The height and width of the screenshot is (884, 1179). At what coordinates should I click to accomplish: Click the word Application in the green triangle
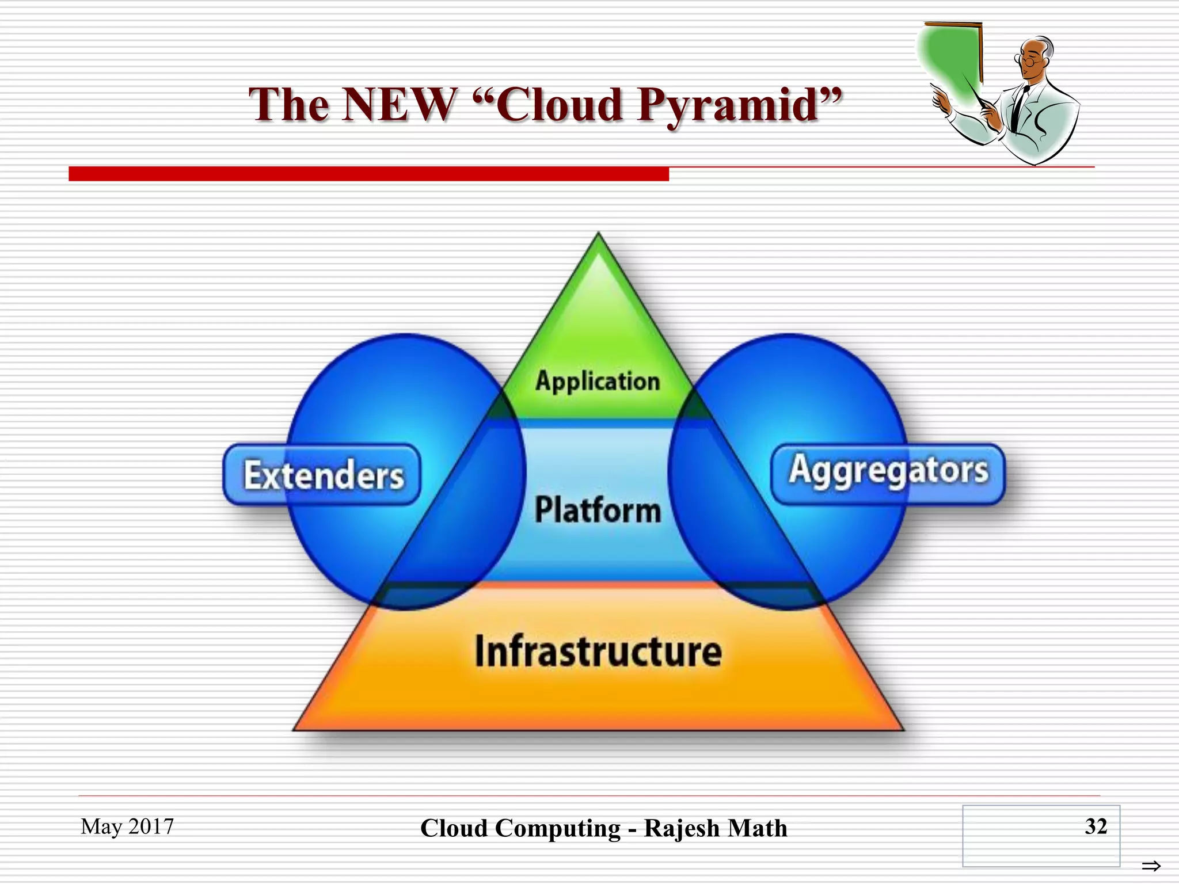click(x=598, y=381)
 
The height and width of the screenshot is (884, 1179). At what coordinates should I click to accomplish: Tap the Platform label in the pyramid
click(x=598, y=510)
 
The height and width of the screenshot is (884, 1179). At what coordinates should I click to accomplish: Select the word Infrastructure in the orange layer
click(x=598, y=651)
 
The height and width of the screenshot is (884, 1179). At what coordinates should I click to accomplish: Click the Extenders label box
click(x=322, y=475)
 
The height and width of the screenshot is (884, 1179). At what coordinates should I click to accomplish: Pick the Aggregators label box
click(x=888, y=472)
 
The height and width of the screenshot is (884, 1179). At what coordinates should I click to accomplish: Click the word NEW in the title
click(x=399, y=104)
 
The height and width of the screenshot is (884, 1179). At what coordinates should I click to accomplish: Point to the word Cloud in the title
click(x=558, y=104)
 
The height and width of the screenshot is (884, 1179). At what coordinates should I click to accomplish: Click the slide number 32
click(x=1096, y=826)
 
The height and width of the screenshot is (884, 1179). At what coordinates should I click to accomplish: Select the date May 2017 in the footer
click(x=127, y=826)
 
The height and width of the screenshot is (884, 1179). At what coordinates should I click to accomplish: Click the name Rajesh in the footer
click(x=682, y=828)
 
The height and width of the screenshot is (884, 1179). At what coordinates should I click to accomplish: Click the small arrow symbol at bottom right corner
click(x=1151, y=866)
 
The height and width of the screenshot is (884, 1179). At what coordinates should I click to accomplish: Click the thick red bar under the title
click(x=368, y=174)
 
